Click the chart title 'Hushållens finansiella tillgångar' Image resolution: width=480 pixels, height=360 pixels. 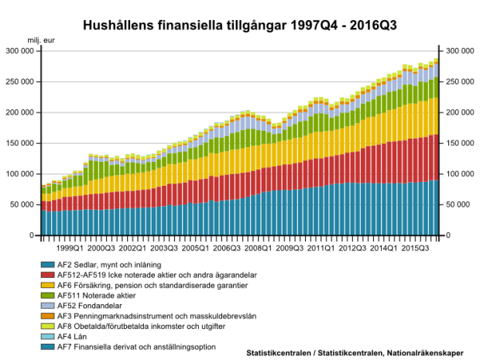click(240, 26)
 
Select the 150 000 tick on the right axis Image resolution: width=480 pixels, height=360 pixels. click(460, 143)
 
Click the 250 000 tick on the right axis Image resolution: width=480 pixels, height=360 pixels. click(460, 81)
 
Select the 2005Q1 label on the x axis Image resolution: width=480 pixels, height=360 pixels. click(194, 249)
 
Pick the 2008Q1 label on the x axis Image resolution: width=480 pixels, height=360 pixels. click(258, 249)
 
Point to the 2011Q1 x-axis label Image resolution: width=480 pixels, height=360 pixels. click(321, 249)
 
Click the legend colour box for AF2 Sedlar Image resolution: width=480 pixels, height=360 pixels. click(47, 265)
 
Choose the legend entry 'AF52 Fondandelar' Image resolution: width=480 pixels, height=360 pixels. click(91, 305)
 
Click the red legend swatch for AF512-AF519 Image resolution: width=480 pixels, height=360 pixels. click(47, 275)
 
